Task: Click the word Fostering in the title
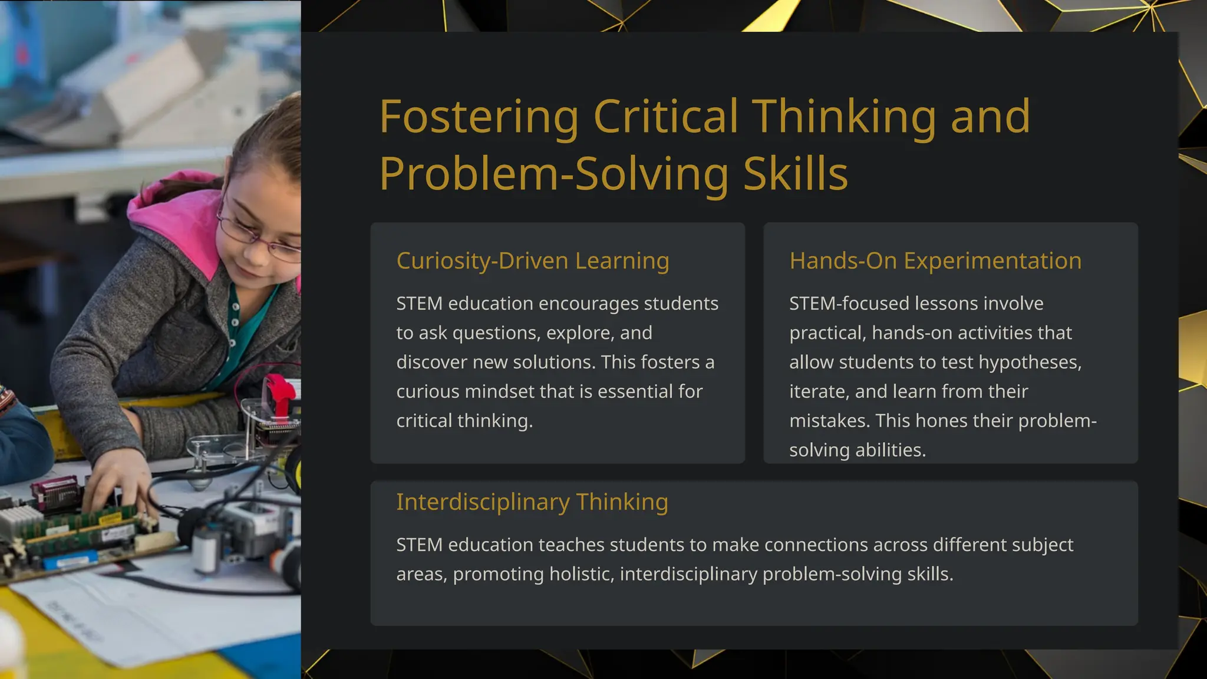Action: (x=479, y=117)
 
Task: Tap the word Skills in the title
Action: (x=795, y=174)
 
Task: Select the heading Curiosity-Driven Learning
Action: (x=532, y=261)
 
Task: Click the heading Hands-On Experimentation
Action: (x=935, y=261)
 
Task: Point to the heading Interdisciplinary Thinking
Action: (x=532, y=502)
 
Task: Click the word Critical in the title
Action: (x=665, y=117)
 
